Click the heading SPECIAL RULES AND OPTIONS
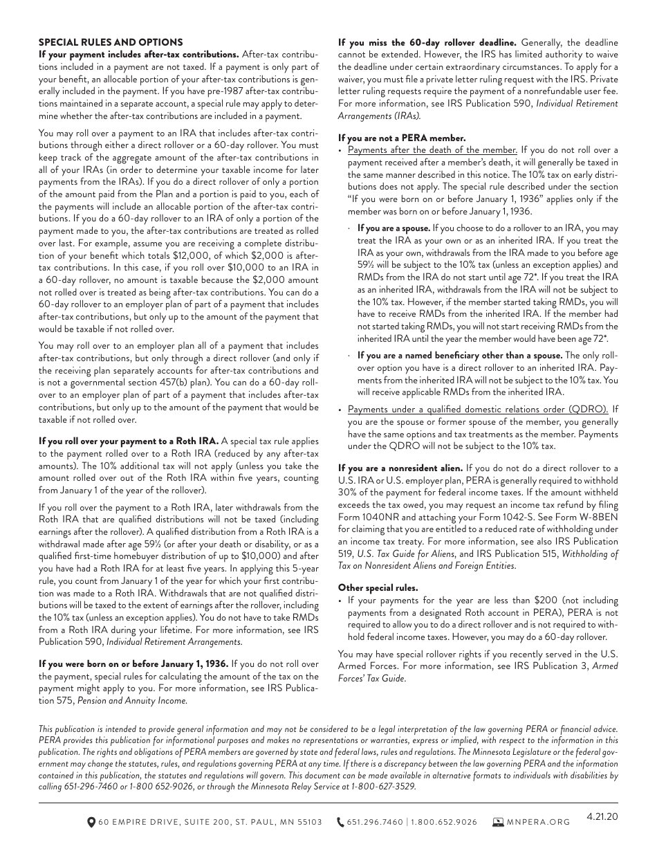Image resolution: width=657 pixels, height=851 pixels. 111,42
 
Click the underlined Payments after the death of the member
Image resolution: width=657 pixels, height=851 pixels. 432,150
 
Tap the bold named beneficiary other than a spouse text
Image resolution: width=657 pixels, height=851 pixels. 459,356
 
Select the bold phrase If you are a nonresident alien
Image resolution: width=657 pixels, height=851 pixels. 400,468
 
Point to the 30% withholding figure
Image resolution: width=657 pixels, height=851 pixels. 348,493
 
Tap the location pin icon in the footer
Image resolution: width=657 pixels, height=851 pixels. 91,822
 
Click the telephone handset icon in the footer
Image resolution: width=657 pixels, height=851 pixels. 340,822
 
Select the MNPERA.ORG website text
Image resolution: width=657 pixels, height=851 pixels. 538,823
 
